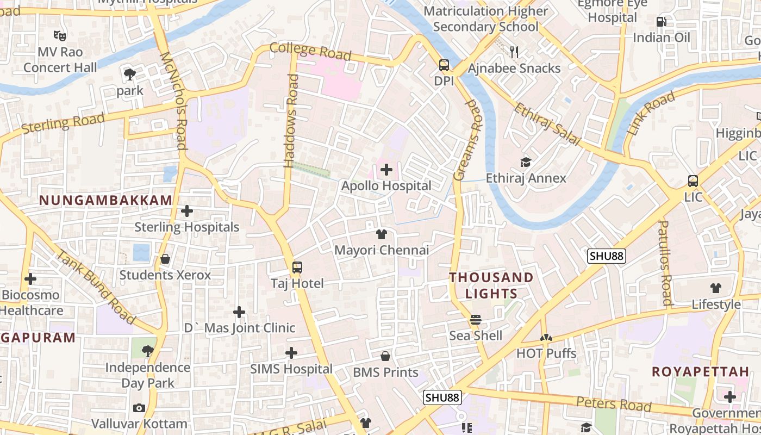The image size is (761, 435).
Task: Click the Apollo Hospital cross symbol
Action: click(x=386, y=170)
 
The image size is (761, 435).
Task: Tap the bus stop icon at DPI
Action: click(x=444, y=66)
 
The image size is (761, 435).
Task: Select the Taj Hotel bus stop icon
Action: click(x=297, y=268)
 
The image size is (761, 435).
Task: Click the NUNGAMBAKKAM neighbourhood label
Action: click(x=106, y=200)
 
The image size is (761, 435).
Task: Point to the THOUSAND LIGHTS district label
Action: click(x=491, y=285)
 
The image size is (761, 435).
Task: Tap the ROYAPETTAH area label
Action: click(x=700, y=372)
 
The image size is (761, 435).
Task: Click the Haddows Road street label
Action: click(x=292, y=120)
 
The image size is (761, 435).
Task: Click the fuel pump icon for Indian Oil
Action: click(x=662, y=22)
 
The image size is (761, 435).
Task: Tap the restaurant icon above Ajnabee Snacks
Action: click(x=514, y=52)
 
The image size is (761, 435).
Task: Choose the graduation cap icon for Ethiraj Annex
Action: click(x=526, y=162)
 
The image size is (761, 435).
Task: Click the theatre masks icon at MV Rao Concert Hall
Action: click(x=60, y=36)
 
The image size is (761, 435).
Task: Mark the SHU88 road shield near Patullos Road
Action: click(x=607, y=256)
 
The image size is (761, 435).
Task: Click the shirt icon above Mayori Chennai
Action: click(x=382, y=234)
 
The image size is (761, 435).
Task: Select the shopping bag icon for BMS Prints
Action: click(x=385, y=356)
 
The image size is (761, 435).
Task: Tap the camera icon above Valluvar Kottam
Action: click(x=139, y=408)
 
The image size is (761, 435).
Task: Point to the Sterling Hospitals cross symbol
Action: click(x=187, y=211)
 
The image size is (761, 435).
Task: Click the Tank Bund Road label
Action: click(x=96, y=285)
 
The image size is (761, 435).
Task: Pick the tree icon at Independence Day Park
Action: click(x=147, y=351)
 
